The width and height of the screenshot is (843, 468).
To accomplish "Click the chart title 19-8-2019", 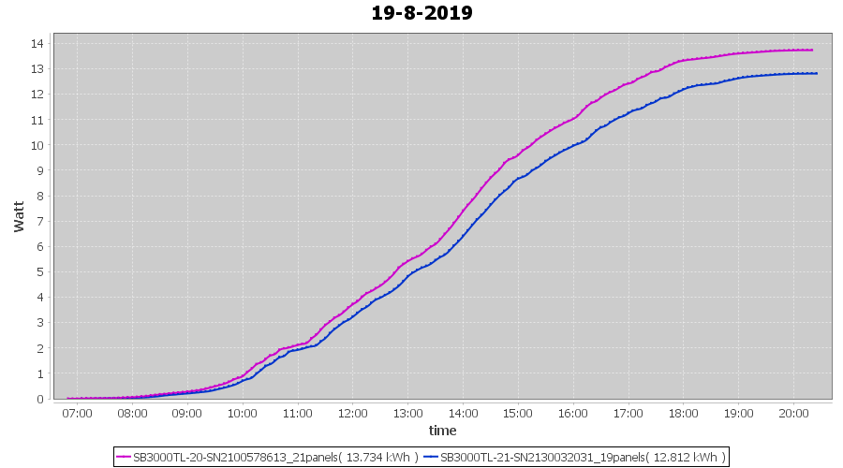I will point(421,13).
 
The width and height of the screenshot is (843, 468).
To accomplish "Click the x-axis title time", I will point(442,431).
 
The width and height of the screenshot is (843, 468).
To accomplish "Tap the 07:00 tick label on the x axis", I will point(77,413).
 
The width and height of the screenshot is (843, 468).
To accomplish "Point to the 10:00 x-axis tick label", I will point(243,413).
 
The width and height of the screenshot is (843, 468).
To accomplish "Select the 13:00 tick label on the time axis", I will point(407,413).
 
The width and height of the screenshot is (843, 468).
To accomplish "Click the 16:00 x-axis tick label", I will point(573,413).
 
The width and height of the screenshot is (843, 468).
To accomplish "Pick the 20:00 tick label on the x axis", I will point(793,413).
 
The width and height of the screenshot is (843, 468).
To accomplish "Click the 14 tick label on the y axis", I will point(38,43).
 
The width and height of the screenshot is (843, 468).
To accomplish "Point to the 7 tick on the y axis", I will point(42,221).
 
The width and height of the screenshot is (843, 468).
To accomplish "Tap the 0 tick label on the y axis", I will point(42,399).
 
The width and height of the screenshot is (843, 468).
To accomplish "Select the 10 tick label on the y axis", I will point(38,145).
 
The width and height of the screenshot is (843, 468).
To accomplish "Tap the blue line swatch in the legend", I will point(431,457).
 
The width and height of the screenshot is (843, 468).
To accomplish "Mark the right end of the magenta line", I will point(812,50).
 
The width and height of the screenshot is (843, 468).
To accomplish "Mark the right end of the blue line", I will point(817,73).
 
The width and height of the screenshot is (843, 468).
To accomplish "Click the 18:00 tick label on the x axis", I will point(684,413).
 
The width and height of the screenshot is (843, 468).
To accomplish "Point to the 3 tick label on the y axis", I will point(42,323).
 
